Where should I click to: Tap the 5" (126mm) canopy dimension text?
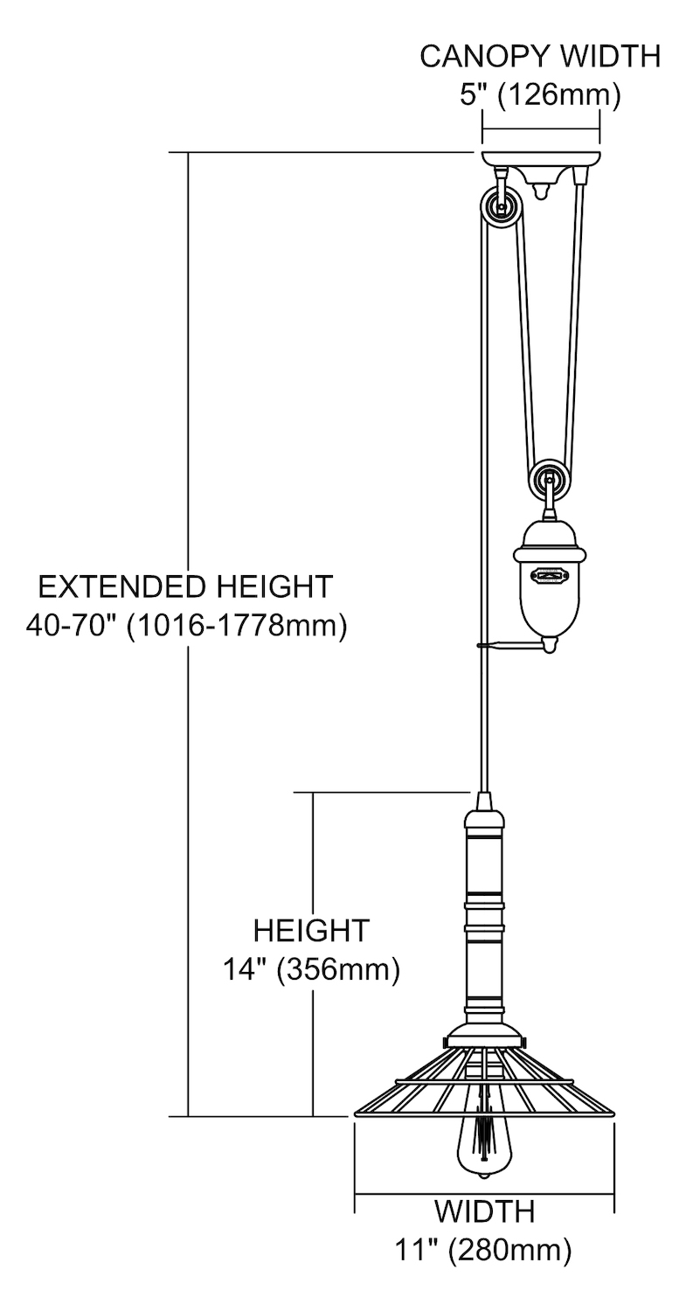point(540,94)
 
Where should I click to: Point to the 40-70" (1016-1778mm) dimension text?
point(186,627)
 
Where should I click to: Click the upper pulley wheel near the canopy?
point(499,206)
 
